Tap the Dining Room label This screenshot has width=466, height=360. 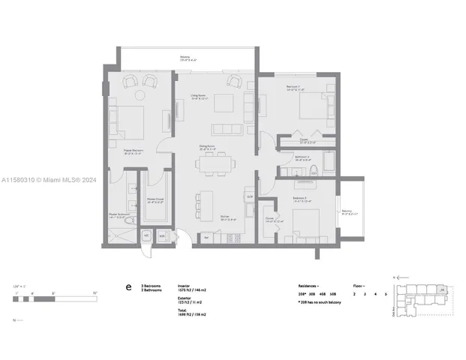pos(208,147)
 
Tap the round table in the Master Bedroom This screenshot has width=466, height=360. pos(139,94)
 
